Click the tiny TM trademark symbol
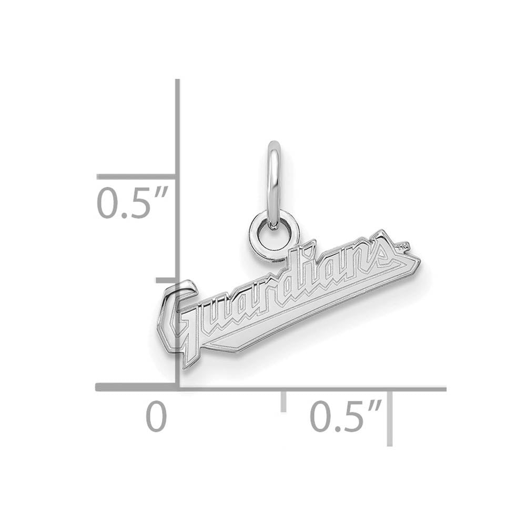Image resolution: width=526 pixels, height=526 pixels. pos(403,246)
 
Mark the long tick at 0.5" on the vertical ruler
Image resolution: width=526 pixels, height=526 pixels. pos(136,177)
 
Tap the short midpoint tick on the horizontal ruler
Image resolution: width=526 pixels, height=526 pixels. pos(284,401)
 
